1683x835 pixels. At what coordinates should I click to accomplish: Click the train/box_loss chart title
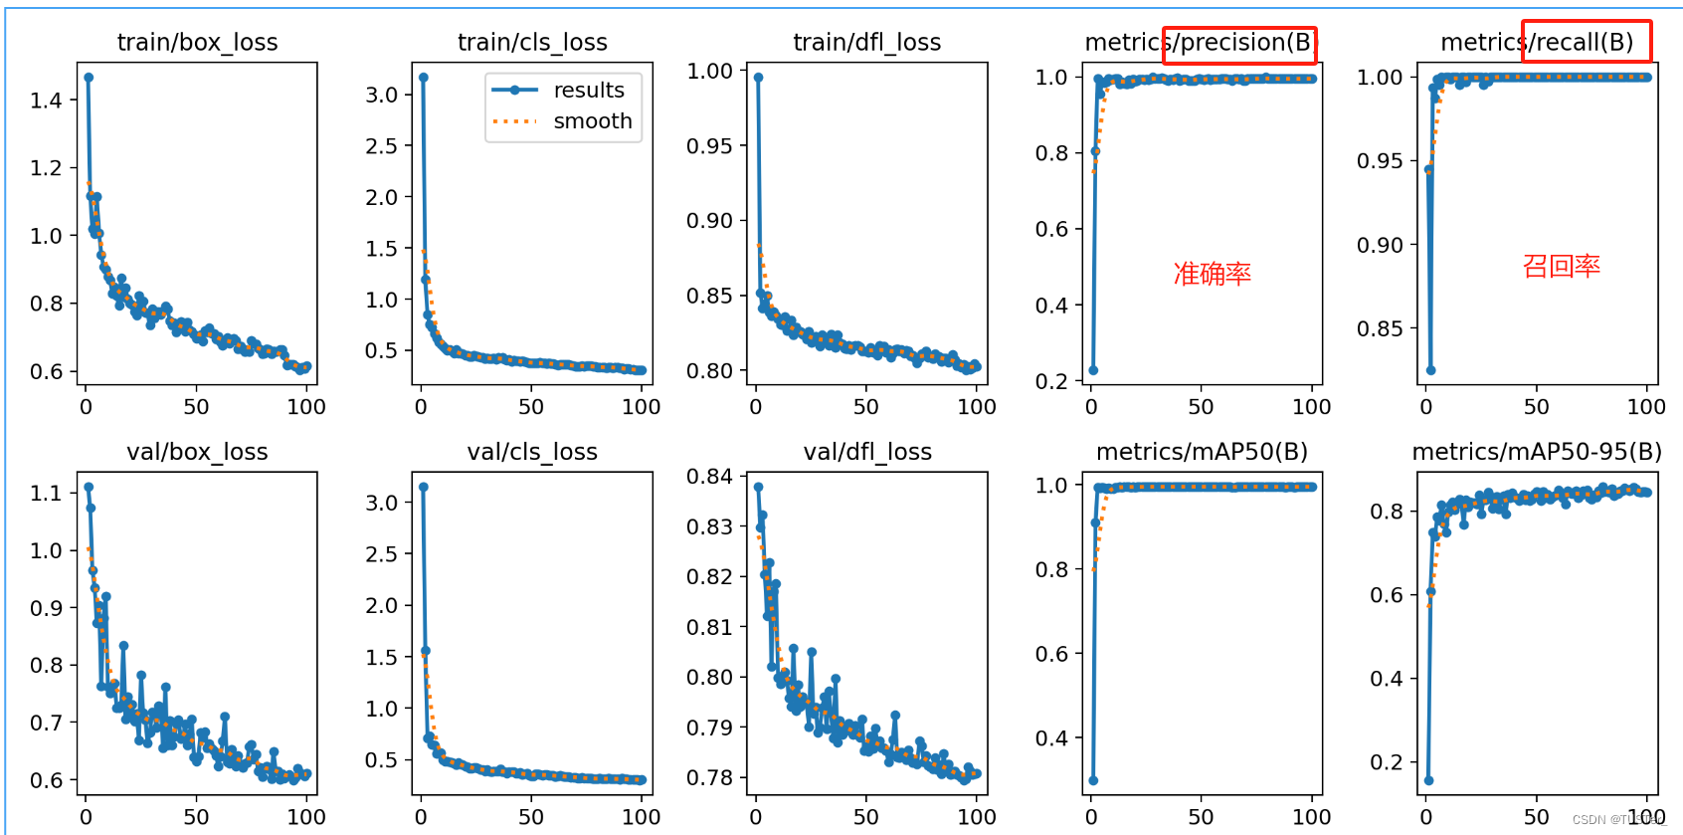[197, 42]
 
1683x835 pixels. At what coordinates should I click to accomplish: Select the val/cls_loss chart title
[532, 452]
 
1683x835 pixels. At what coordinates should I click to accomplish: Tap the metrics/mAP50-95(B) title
[1537, 452]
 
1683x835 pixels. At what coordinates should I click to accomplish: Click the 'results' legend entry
[589, 91]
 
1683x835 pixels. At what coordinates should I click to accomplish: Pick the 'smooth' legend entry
[593, 121]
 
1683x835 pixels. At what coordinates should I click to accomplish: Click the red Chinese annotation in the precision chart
[1212, 274]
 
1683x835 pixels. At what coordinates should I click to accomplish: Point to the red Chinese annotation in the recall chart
[1561, 266]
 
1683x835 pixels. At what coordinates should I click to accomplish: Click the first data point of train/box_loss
[89, 77]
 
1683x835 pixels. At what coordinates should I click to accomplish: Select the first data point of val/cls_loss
[424, 487]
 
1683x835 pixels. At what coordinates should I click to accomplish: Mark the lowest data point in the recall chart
[1430, 370]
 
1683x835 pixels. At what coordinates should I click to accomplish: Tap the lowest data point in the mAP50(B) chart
[1093, 780]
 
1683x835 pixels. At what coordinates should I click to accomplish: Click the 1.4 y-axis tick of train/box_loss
[46, 101]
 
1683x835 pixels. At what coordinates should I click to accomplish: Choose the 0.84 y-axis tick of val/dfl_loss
[709, 477]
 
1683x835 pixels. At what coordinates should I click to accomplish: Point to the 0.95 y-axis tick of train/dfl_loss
[709, 146]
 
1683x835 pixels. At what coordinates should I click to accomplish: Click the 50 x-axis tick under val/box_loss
[196, 817]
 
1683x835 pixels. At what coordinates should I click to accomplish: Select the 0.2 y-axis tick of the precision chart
[1051, 381]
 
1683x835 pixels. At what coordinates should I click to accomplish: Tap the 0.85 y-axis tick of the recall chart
[1380, 328]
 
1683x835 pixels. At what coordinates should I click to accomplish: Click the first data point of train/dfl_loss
[758, 77]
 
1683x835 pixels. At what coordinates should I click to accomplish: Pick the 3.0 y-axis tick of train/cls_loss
[381, 95]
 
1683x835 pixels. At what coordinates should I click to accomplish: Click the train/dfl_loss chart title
[866, 42]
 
